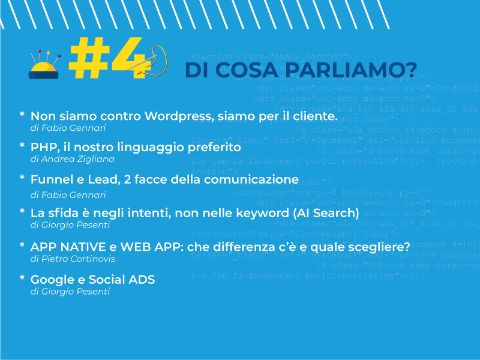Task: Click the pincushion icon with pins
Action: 44,66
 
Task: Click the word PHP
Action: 42,147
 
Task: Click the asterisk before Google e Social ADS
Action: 22,279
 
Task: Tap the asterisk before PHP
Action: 22,146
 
